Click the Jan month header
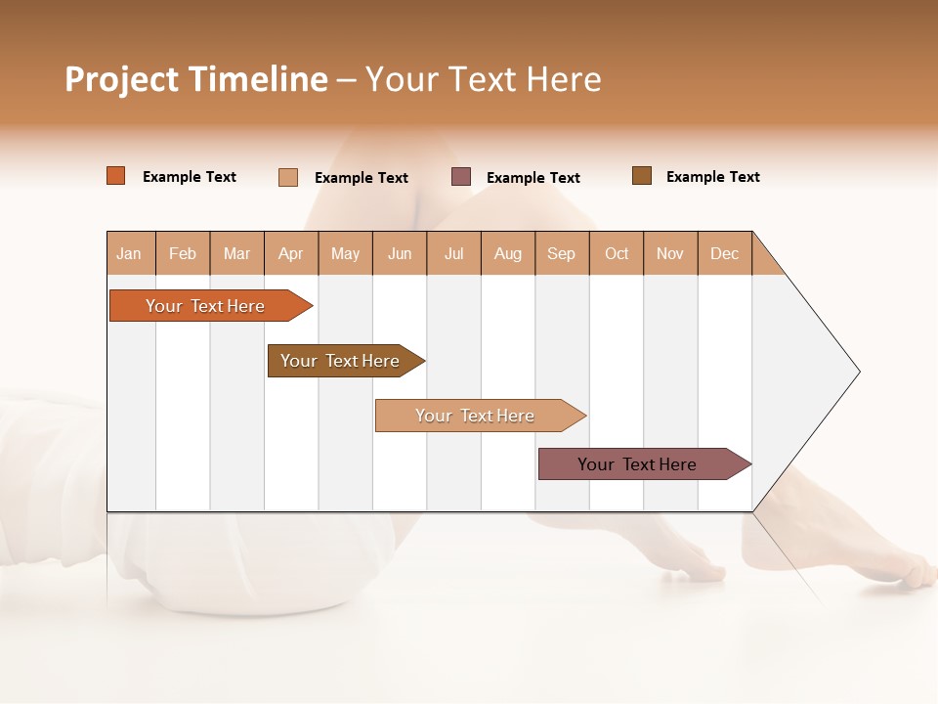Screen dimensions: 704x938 129,253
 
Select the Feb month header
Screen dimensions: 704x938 183,253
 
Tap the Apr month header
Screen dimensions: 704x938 290,253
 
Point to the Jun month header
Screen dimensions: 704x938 400,253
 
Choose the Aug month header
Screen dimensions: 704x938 507,253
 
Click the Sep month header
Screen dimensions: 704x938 561,253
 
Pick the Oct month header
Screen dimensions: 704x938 617,253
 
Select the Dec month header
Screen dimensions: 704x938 724,253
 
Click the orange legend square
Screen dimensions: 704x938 116,176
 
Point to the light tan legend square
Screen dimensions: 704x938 288,177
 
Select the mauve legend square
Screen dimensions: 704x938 461,177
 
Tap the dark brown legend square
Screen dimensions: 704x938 642,176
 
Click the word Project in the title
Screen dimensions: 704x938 123,79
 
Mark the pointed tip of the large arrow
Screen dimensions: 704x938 858,372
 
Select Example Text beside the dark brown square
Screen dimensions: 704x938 712,177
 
